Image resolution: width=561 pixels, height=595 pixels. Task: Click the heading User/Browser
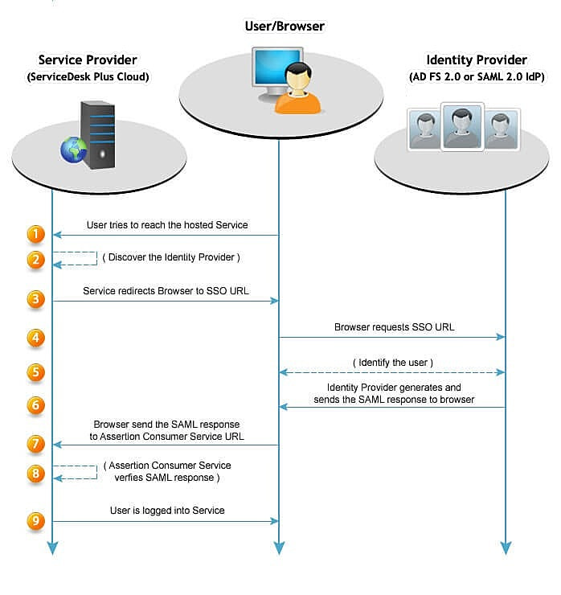tap(285, 27)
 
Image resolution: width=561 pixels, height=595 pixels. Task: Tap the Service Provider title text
tap(88, 60)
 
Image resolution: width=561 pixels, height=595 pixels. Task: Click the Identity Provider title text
tap(477, 60)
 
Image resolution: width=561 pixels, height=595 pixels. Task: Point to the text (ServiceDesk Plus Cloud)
tap(88, 76)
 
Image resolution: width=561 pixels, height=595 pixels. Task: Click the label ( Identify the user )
tap(393, 363)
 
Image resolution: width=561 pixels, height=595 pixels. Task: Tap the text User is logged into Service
tap(167, 511)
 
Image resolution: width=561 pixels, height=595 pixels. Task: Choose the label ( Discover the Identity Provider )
tap(171, 257)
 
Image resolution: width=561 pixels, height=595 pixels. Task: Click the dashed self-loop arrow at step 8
tap(75, 472)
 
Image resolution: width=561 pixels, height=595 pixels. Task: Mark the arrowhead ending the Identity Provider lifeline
tap(506, 548)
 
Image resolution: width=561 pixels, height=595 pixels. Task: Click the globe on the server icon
tap(73, 150)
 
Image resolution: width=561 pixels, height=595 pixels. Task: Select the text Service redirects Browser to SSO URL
tap(166, 290)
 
